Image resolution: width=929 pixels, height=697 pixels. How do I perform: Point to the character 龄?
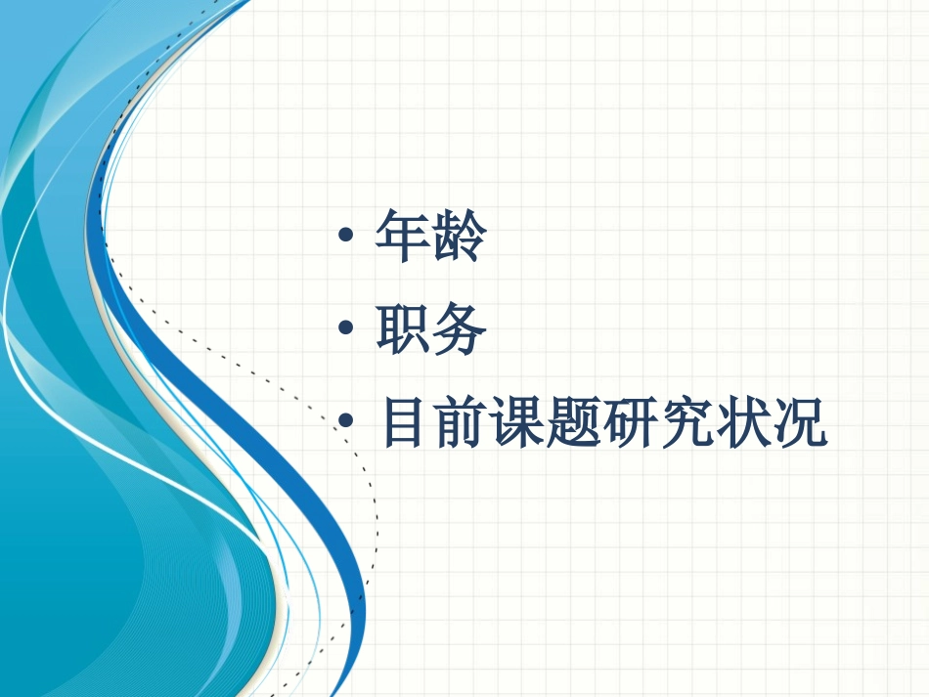coord(459,237)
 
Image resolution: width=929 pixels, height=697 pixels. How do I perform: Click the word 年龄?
coord(431,237)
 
